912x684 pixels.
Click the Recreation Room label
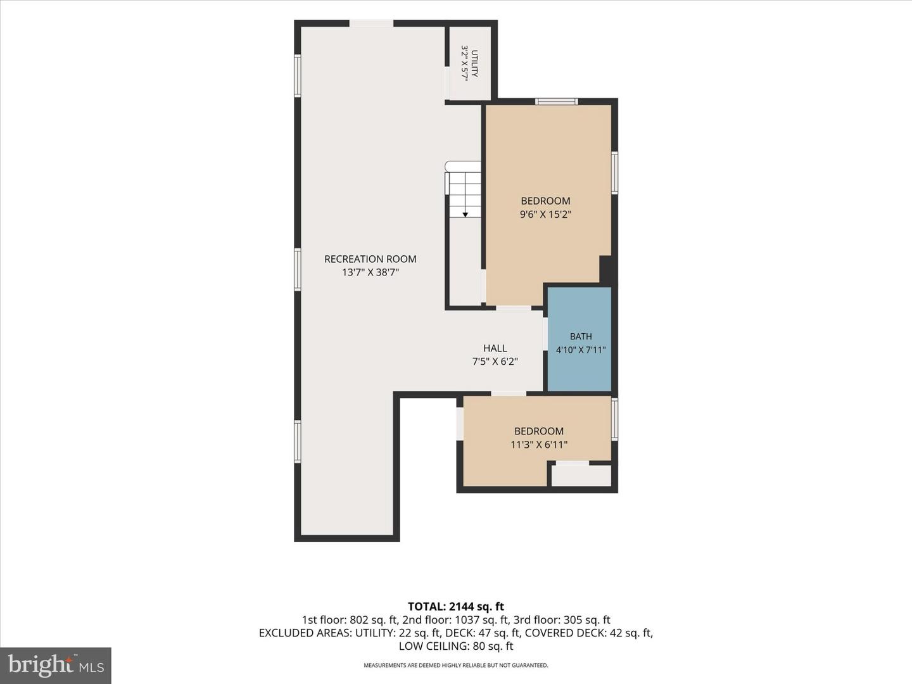coord(370,259)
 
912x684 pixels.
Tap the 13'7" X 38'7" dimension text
coord(370,272)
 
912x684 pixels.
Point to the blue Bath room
coord(579,338)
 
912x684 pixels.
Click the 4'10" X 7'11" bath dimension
coord(581,350)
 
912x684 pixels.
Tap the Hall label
coord(495,348)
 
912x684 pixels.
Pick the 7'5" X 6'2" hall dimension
coord(495,361)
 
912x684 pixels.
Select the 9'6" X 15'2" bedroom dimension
coord(545,214)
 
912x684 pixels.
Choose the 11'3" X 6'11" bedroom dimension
coord(539,445)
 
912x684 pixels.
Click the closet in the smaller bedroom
coord(581,475)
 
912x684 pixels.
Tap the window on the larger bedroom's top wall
coord(556,101)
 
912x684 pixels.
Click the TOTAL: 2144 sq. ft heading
coord(456,606)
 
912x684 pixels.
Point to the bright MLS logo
coord(56,666)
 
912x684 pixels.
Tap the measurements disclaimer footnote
coord(456,665)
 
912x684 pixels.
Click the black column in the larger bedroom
coord(606,270)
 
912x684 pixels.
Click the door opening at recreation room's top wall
coord(371,23)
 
